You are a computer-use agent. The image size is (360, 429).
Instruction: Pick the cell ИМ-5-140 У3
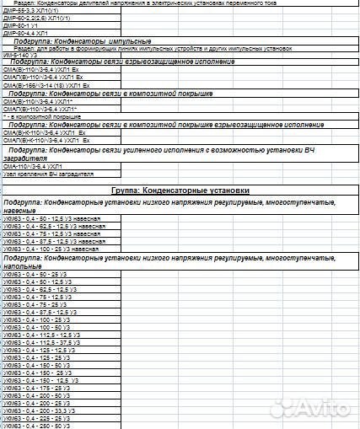click(x=22, y=56)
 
